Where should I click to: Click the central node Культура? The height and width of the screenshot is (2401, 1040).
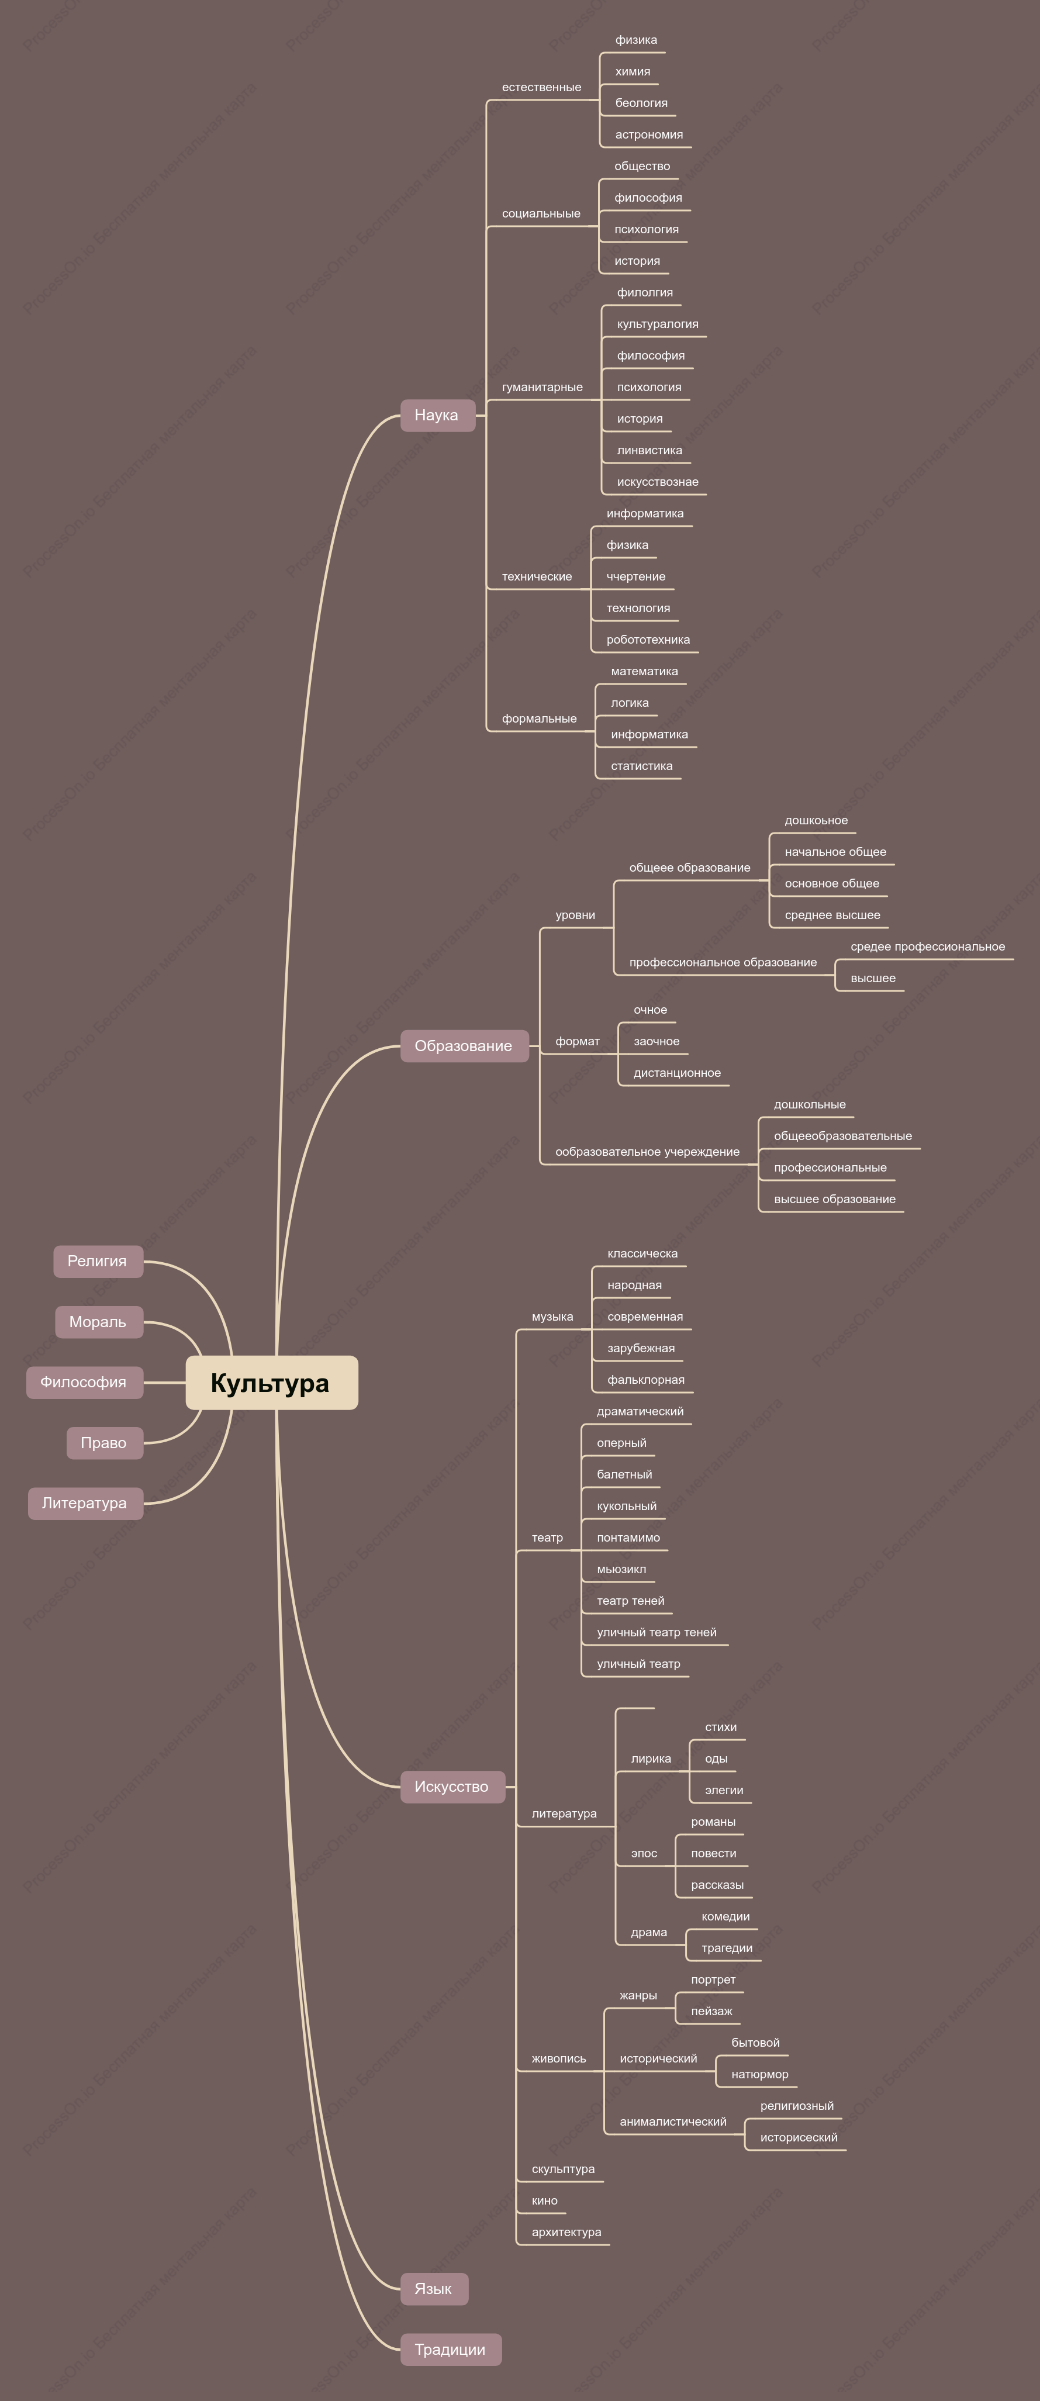271,1382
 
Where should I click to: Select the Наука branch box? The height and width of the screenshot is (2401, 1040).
437,414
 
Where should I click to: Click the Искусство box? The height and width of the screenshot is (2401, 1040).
452,1787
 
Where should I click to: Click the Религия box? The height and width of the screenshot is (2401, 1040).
98,1261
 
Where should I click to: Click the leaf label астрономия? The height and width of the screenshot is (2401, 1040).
648,134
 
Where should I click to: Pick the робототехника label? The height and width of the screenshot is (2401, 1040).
648,640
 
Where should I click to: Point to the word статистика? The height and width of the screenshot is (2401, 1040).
641,766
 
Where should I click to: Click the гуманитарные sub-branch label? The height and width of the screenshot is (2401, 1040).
543,387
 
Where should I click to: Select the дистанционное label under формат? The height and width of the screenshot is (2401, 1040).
676,1073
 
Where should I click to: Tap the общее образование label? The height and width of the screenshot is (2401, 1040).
690,868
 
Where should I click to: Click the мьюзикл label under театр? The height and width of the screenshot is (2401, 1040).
621,1570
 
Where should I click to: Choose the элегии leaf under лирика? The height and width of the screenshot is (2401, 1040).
724,1791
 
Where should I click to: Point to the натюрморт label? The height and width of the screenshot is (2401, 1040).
759,2074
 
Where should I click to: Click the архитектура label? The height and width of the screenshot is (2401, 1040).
566,2232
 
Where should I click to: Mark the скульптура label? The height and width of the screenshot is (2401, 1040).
563,2169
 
